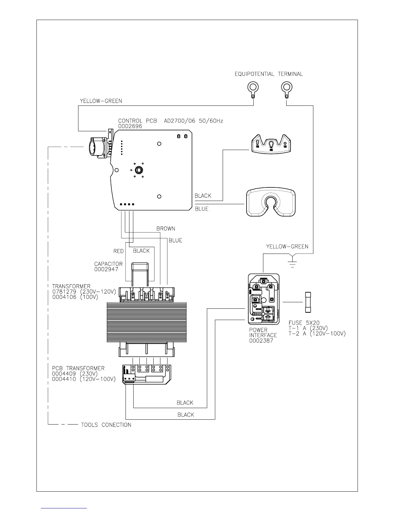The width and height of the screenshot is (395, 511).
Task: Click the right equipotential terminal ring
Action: pyautogui.click(x=286, y=86)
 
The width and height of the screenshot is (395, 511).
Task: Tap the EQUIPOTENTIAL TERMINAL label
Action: pyautogui.click(x=268, y=74)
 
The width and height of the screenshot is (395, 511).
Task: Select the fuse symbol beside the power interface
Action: pyautogui.click(x=308, y=302)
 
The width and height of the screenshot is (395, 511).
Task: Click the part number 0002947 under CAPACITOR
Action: pyautogui.click(x=106, y=269)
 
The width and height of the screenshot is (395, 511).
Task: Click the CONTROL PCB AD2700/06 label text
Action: pyautogui.click(x=170, y=121)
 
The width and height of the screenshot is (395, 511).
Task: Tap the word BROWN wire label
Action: pyautogui.click(x=166, y=229)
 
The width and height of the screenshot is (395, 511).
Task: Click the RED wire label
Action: pyautogui.click(x=118, y=251)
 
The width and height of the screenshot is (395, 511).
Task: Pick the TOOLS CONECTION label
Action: pyautogui.click(x=106, y=425)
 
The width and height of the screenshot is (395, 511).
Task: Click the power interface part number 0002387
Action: pyautogui.click(x=261, y=341)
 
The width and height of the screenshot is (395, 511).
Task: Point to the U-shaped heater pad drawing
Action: pyautogui.click(x=271, y=202)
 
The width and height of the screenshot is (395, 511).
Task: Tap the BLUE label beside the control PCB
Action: pyautogui.click(x=202, y=209)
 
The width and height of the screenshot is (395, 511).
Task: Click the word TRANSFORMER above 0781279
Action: pyautogui.click(x=71, y=286)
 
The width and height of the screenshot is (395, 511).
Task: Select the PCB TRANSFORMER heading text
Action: pyautogui.click(x=78, y=368)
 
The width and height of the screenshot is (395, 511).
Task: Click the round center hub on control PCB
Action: pyautogui.click(x=139, y=170)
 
